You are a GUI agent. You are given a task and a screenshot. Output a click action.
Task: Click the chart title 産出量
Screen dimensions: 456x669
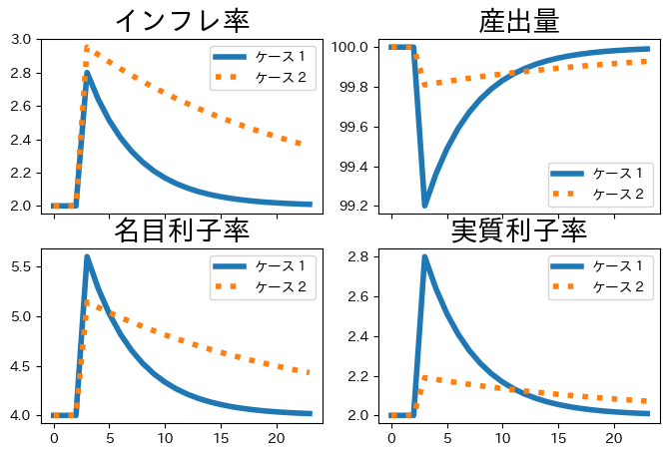point(519,20)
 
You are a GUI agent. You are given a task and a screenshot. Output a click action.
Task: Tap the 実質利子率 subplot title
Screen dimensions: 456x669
point(519,230)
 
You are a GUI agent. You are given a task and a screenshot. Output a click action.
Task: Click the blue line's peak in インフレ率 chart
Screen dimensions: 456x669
point(87,73)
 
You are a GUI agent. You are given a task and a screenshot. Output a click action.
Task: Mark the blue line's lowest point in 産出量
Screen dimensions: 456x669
point(424,206)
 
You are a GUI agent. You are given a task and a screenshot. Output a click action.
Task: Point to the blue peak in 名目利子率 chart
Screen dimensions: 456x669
point(87,256)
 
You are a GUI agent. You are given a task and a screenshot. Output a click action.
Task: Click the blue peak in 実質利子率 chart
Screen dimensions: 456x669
point(424,257)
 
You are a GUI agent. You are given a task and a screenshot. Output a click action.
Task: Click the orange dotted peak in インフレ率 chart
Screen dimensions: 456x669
point(87,47)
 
